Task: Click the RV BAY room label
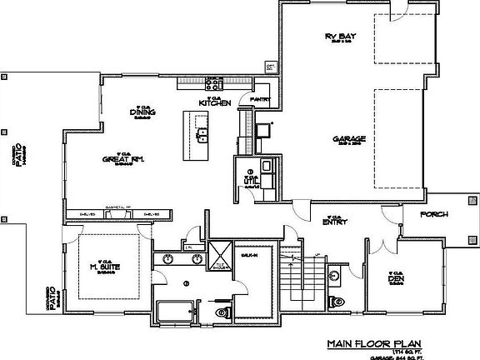(x=340, y=36)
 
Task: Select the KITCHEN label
(x=213, y=102)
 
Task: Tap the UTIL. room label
(x=249, y=179)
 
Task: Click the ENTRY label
(x=335, y=221)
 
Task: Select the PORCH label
(x=434, y=214)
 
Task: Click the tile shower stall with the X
(x=220, y=254)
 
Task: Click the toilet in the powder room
(x=336, y=300)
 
